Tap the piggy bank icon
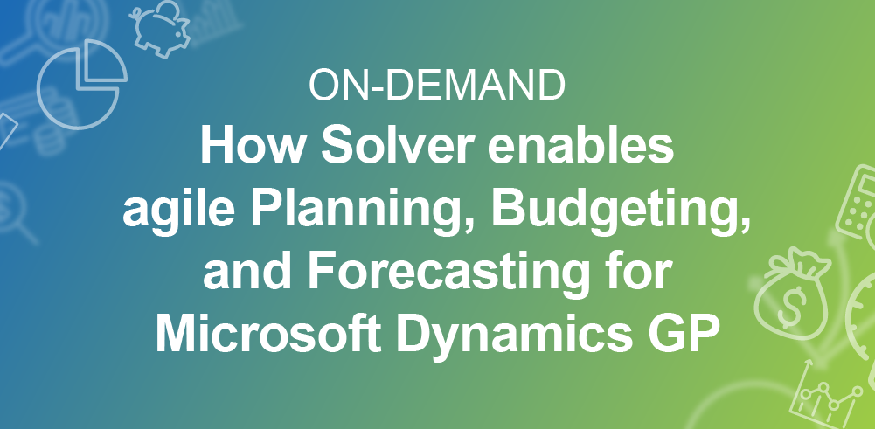click(160, 28)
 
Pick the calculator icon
click(859, 202)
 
